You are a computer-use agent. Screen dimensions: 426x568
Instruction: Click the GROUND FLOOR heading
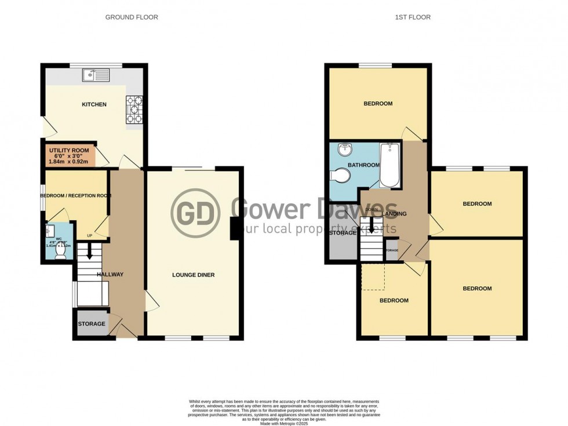(132, 17)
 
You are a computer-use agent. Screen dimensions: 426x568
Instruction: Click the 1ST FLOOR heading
(413, 17)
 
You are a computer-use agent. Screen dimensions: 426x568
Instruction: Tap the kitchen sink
(96, 74)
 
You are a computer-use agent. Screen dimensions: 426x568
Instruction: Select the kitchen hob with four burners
(134, 110)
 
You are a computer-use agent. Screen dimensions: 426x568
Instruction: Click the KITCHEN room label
(94, 105)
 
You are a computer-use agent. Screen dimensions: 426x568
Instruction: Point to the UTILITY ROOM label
(68, 151)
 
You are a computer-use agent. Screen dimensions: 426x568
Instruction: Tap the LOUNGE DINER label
(194, 275)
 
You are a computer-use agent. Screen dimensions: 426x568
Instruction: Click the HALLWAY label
(110, 275)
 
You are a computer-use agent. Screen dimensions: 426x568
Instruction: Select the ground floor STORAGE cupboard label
(92, 324)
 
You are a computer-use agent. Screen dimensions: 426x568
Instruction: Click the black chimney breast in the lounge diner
(235, 228)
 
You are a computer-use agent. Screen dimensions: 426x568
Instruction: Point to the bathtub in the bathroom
(390, 166)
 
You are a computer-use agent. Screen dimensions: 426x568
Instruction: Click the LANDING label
(395, 214)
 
